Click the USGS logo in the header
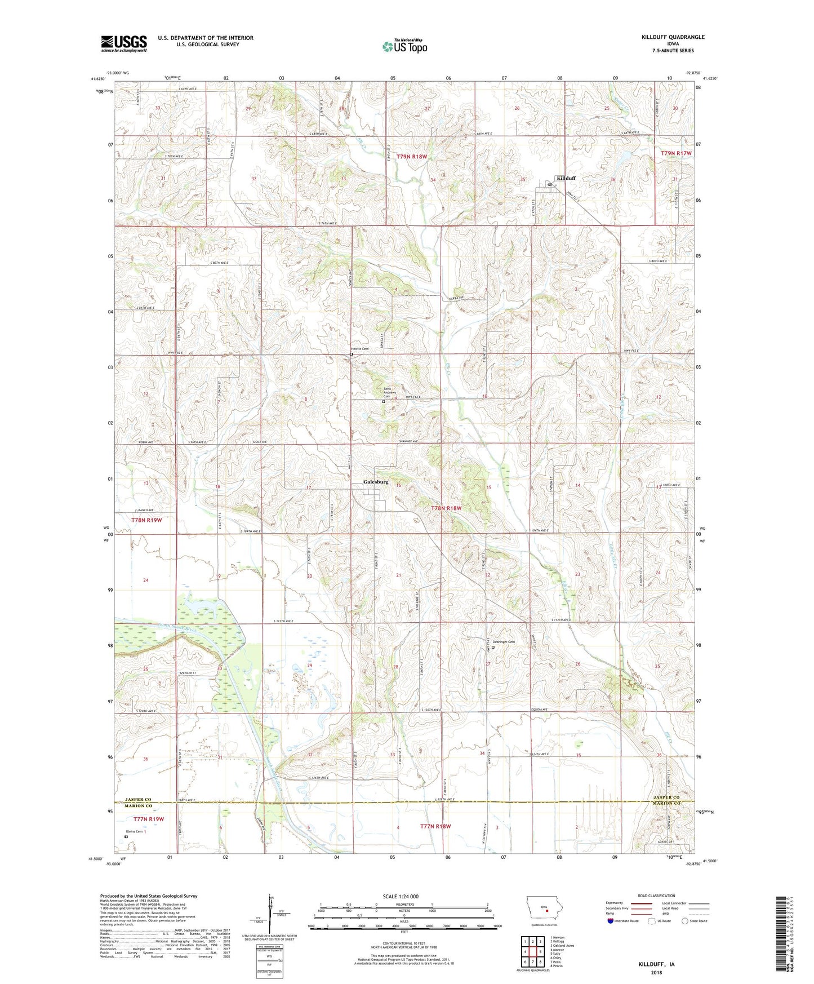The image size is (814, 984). pos(124,43)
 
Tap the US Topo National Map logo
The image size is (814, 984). pos(404,46)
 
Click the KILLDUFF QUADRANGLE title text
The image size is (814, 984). pos(673,37)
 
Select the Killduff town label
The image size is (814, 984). pos(566,178)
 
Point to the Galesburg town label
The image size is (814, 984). pos(376,482)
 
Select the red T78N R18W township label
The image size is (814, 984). pos(446,508)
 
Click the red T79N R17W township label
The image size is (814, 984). pos(676,153)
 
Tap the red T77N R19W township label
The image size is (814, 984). pos(148,819)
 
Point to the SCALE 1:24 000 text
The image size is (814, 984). pos(401,896)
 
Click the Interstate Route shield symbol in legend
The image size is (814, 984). pos(611,921)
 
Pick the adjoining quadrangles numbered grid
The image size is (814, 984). pos(532,952)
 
